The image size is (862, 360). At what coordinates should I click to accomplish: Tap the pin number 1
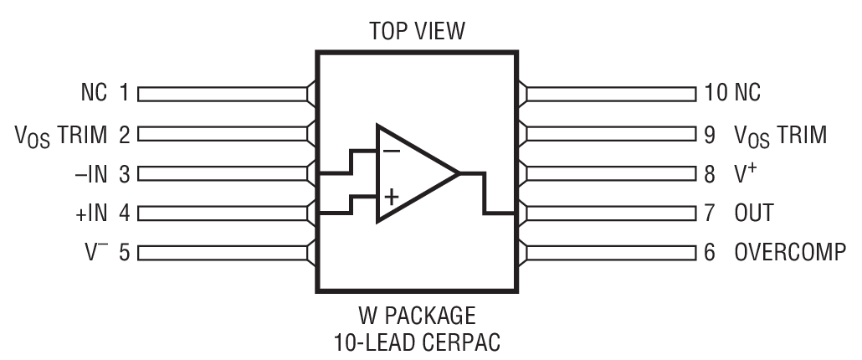pos(124,93)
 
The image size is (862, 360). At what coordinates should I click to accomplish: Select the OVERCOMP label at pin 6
pos(789,252)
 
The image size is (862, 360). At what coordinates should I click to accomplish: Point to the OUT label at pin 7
pos(753,213)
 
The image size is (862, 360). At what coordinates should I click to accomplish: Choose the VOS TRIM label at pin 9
pos(779,134)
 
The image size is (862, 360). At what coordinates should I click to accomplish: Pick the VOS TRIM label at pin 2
pos(62,134)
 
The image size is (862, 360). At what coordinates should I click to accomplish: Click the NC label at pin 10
pos(747,93)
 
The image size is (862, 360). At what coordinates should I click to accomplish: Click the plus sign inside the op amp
pos(391,198)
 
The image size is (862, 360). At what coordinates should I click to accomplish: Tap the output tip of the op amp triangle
pos(458,174)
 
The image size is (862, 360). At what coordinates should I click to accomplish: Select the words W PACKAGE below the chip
pos(416,316)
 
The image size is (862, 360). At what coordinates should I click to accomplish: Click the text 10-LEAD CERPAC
pos(416,342)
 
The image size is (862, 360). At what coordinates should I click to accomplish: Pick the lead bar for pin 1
pos(223,93)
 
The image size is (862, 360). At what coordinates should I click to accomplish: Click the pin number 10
pos(716,93)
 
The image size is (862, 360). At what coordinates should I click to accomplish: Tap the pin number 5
pos(124,252)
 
